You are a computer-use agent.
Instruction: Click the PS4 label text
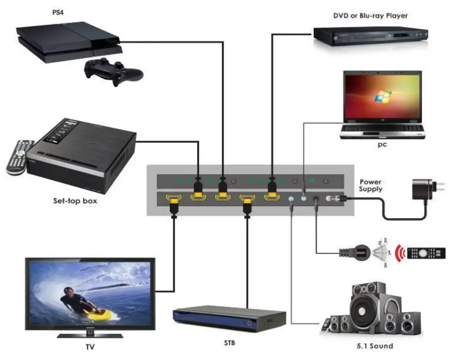coord(58,12)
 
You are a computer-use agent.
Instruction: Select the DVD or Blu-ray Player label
coord(371,16)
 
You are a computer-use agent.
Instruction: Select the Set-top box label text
coord(75,201)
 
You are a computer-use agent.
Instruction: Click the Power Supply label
coord(370,185)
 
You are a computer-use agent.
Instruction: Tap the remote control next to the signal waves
coord(426,253)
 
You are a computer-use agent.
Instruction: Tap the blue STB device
coord(229,319)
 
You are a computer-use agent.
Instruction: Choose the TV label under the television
coord(89,347)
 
